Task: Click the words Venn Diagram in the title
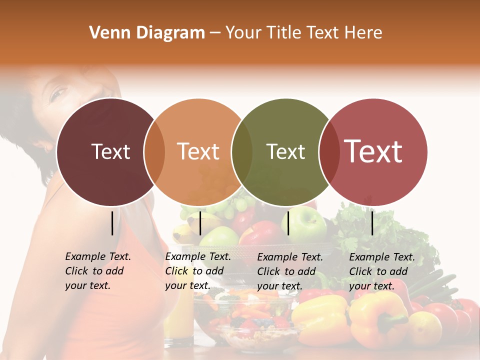147,33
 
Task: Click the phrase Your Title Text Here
303,33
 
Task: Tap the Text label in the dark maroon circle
110,152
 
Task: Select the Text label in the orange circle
198,152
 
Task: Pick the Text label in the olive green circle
285,152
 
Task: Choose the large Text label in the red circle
373,151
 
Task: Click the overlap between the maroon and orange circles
154,152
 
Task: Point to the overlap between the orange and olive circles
242,152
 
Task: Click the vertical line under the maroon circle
112,223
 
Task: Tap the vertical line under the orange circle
200,223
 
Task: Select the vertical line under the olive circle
288,223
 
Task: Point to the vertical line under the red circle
372,223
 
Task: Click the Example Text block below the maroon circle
98,271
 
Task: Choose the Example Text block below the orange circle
198,271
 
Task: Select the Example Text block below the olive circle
290,271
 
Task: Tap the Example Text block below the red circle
382,271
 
